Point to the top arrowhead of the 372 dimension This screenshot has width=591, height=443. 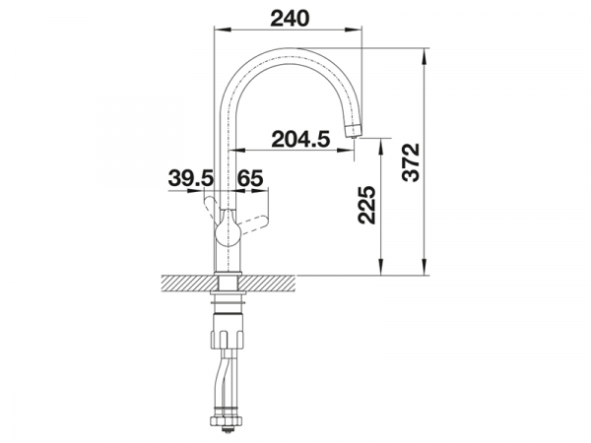point(427,48)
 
